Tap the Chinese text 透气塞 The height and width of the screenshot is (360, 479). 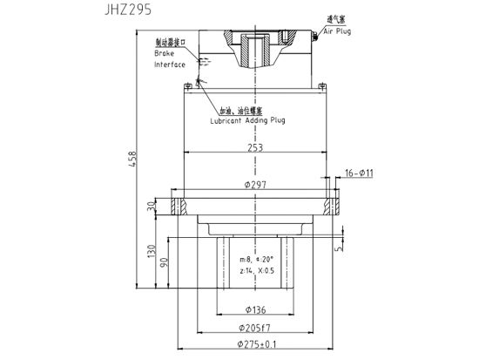[335, 18]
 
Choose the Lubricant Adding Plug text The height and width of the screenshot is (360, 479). [247, 120]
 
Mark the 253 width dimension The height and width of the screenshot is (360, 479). [254, 149]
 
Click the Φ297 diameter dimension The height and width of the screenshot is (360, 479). [254, 185]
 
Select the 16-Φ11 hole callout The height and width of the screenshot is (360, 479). [359, 173]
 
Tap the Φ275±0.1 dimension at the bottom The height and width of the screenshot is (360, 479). [254, 345]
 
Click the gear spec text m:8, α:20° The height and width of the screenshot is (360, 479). [256, 259]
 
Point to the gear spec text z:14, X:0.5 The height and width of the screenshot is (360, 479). [256, 272]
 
